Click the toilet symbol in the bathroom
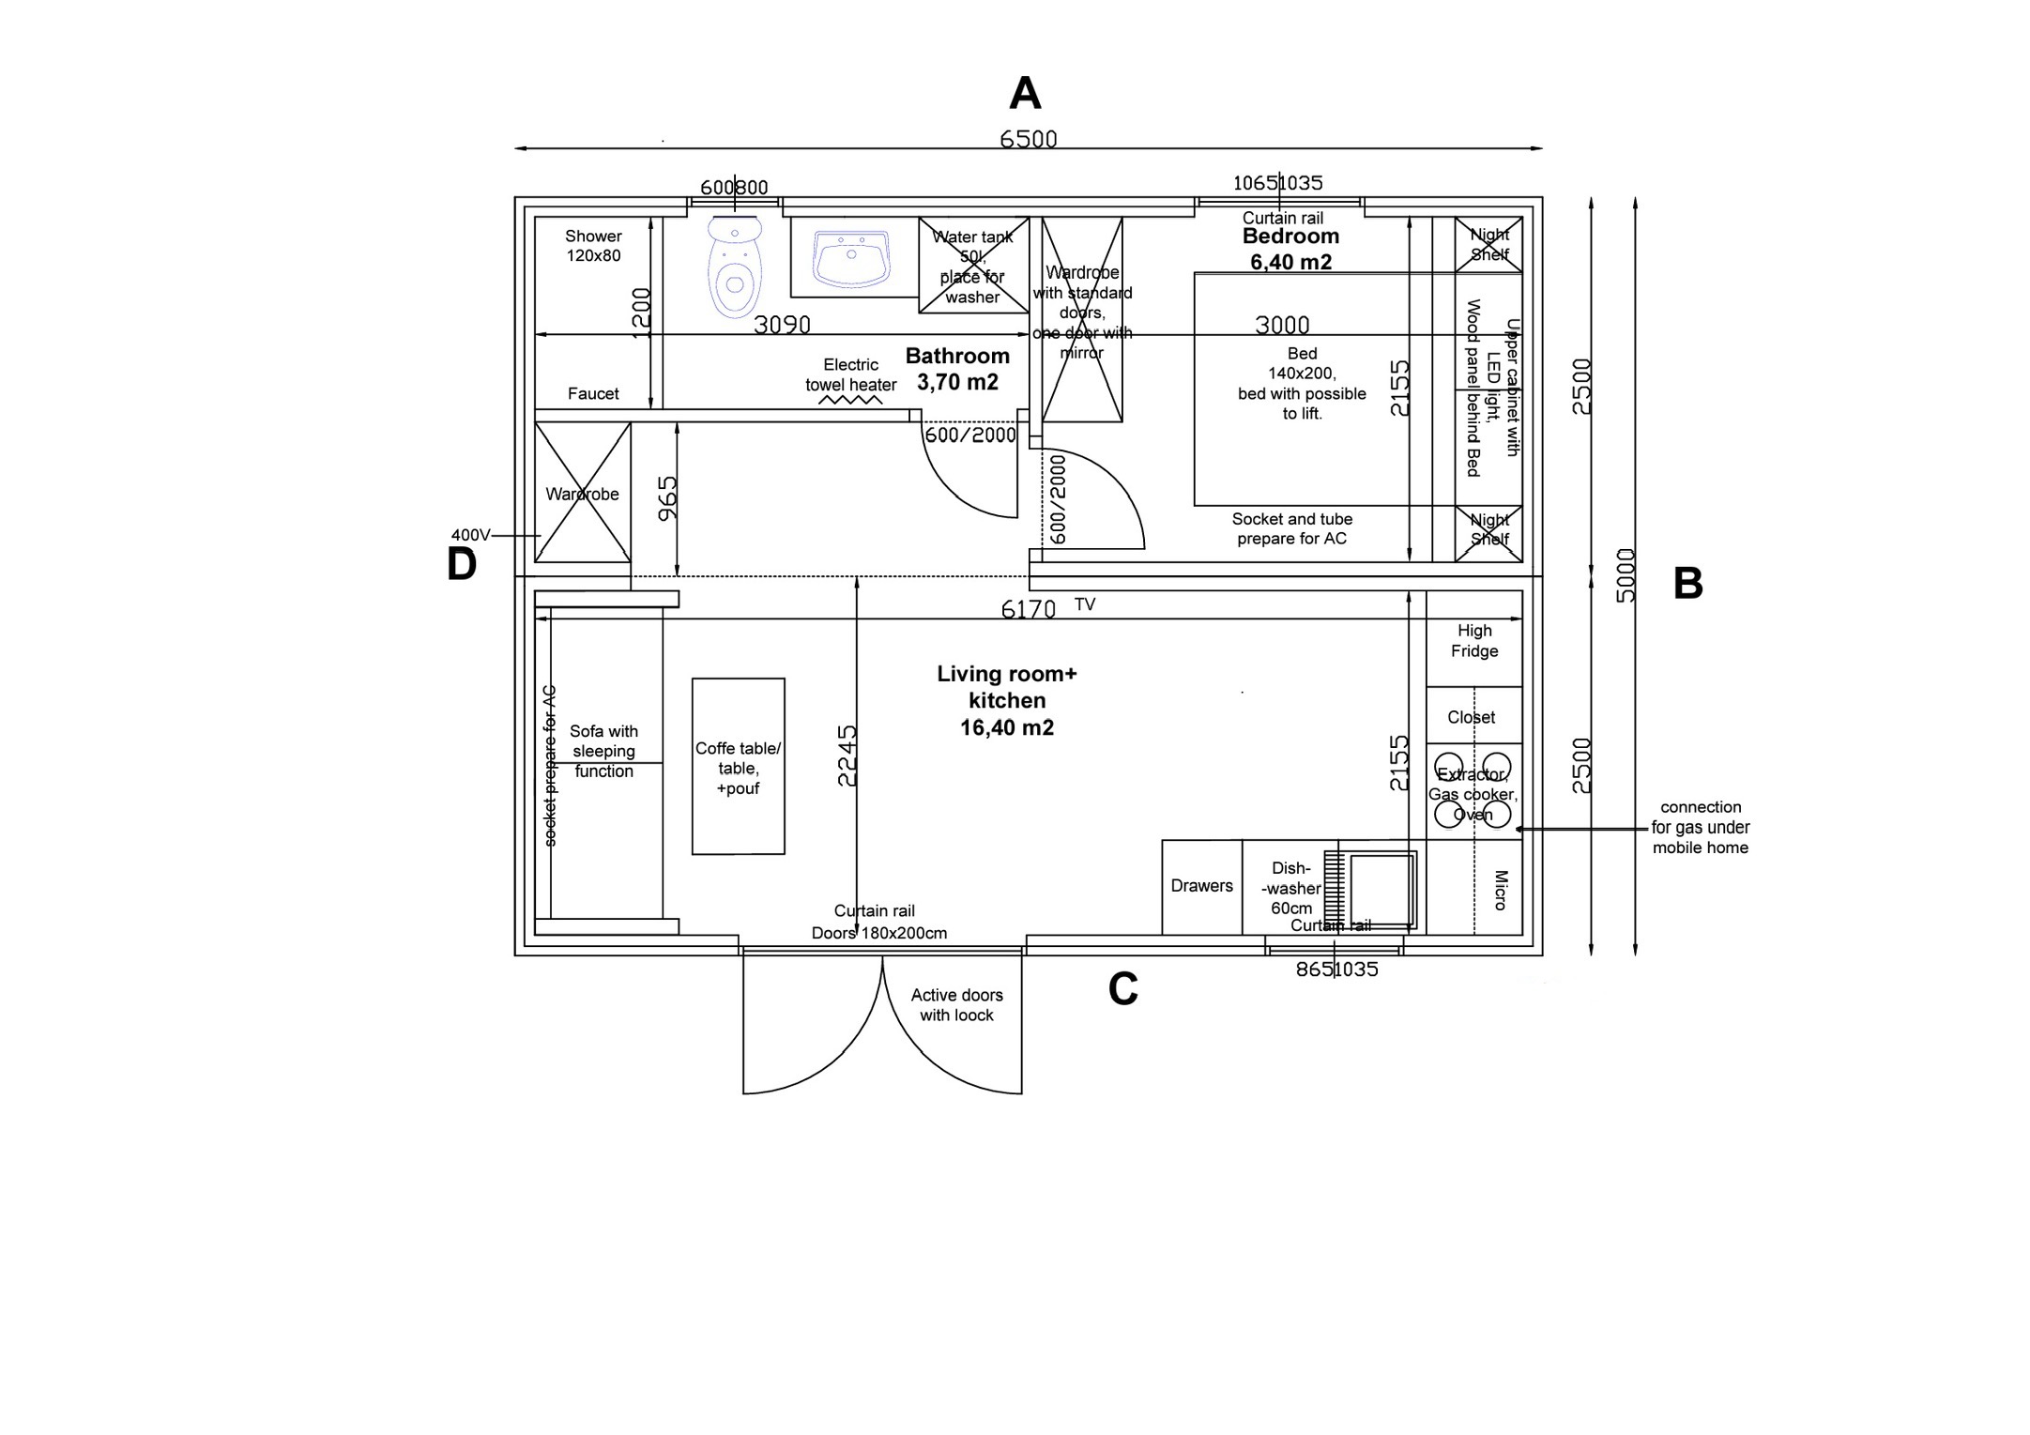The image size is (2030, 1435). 735,268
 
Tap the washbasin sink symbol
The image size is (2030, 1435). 851,258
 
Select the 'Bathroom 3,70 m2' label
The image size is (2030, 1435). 957,369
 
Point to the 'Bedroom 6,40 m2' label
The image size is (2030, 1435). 1290,250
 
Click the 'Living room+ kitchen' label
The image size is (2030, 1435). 1007,700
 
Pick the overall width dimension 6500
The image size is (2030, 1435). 1028,139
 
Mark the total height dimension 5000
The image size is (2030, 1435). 1626,575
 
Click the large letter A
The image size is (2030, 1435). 1025,94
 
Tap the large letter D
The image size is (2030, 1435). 462,565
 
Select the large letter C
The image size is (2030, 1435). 1122,988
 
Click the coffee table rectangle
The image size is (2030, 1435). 738,767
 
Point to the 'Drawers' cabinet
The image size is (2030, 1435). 1201,886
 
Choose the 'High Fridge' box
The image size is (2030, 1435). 1473,641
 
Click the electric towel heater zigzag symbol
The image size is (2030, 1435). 851,400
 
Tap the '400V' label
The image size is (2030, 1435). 470,535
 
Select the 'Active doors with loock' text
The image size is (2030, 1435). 956,1005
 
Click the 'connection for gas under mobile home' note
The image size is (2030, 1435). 1700,827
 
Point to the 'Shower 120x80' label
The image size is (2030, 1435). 593,246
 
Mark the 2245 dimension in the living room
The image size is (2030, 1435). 847,756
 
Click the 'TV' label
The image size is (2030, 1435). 1084,604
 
